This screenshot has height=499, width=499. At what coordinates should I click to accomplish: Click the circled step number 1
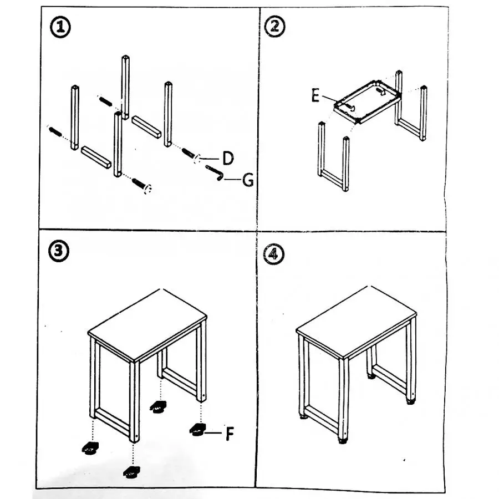click(x=60, y=27)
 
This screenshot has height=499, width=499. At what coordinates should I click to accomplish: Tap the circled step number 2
click(x=274, y=27)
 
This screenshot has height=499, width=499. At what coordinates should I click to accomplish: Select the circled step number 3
click(x=59, y=251)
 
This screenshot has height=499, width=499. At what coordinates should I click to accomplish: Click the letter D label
click(x=228, y=159)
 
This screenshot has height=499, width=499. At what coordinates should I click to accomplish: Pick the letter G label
click(x=248, y=180)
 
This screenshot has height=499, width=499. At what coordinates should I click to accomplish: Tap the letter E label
click(x=315, y=95)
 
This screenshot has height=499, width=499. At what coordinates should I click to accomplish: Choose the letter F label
click(x=230, y=433)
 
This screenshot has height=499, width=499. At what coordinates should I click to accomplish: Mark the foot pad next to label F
click(x=197, y=430)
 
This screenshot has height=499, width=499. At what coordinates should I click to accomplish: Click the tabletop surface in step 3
click(x=147, y=324)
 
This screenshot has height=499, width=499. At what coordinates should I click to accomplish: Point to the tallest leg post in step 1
click(x=126, y=87)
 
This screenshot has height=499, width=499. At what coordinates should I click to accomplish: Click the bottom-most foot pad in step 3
click(x=131, y=472)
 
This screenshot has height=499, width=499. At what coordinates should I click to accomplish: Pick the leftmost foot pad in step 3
click(x=90, y=449)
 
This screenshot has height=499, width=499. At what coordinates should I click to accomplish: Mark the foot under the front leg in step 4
click(x=343, y=441)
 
